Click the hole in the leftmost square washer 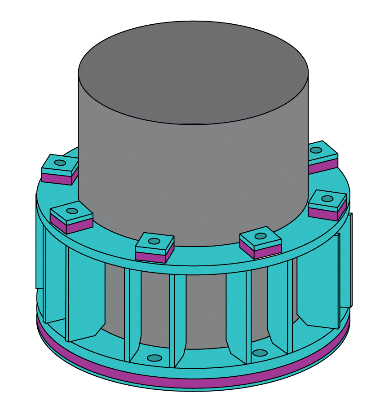pos(60,163)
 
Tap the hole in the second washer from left pos(72,211)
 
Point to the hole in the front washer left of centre pos(154,241)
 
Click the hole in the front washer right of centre pos(261,236)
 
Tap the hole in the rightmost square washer pos(327,198)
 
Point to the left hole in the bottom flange pos(155,358)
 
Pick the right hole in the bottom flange pos(259,353)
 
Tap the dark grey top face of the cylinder pos(193,72)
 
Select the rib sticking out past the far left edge pos(39,242)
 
